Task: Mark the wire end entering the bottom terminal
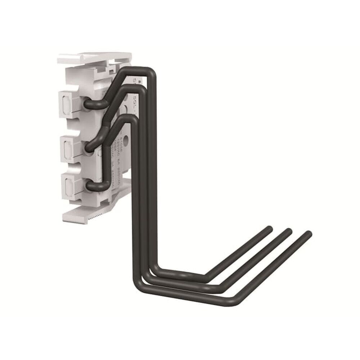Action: click(x=90, y=185)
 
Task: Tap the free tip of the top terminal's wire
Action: click(x=268, y=229)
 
